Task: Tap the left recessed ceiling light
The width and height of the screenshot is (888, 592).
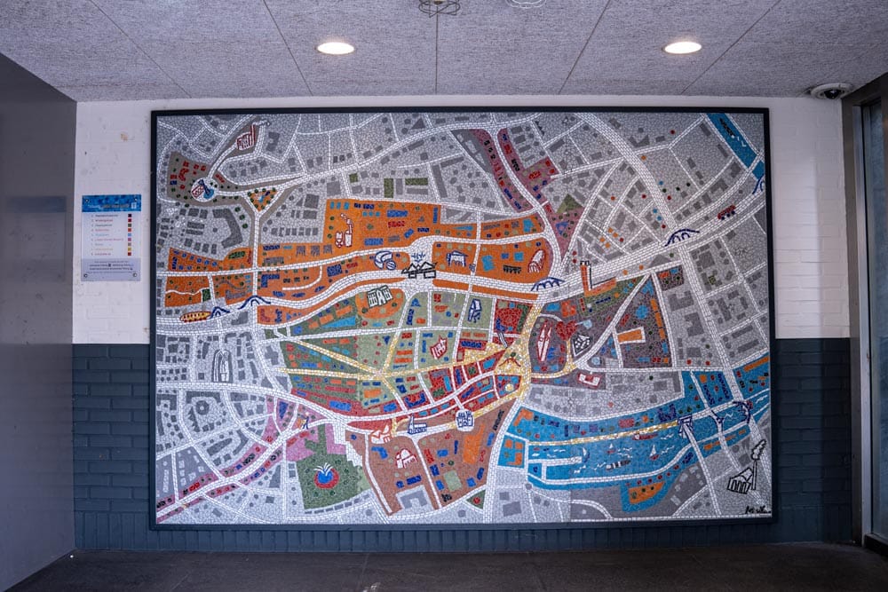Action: click(x=335, y=48)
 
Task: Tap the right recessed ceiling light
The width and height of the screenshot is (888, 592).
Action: click(x=682, y=47)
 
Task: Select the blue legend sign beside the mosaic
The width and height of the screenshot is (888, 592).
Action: click(x=111, y=237)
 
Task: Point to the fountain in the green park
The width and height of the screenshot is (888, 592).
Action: click(x=326, y=478)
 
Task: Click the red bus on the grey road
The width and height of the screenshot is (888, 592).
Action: click(x=726, y=211)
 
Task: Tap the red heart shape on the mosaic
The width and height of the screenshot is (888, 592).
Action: click(x=565, y=330)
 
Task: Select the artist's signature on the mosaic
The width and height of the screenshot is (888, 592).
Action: click(x=756, y=509)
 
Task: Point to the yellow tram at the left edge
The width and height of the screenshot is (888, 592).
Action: click(x=194, y=315)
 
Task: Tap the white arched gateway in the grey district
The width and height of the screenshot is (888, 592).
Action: click(x=221, y=364)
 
